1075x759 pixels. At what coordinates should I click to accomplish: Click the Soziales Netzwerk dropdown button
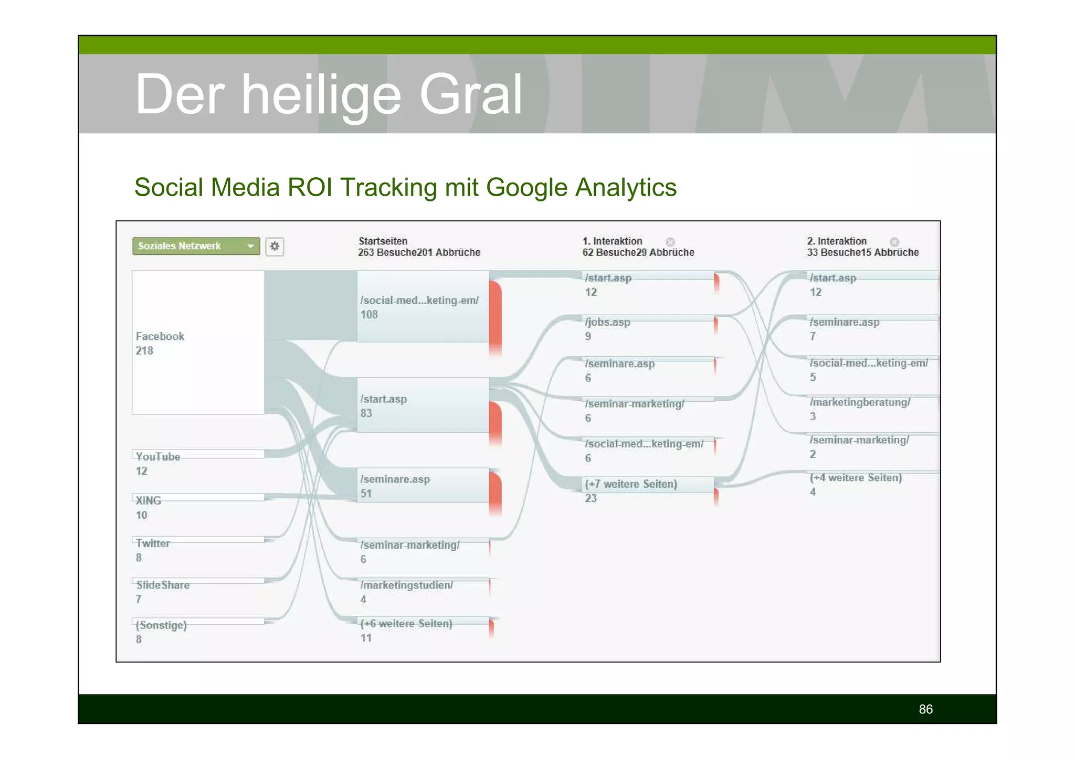point(196,246)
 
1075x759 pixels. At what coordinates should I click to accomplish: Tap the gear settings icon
point(275,247)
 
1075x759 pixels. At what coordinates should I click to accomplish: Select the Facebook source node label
point(160,336)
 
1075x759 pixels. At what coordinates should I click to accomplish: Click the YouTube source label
point(158,456)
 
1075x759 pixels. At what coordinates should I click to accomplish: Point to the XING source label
point(149,500)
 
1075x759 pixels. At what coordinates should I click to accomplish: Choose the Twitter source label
point(153,543)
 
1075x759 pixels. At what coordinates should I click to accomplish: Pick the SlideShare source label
point(163,585)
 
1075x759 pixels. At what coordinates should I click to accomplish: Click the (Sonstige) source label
point(161,625)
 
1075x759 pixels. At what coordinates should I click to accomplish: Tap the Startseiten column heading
point(383,241)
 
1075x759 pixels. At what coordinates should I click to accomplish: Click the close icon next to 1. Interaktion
point(670,242)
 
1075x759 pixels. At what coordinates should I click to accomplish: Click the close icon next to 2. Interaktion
point(894,242)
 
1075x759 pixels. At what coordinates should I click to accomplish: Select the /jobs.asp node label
point(608,322)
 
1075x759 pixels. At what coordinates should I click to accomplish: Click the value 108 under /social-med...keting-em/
point(369,315)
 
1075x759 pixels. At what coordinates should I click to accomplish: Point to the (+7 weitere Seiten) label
point(631,484)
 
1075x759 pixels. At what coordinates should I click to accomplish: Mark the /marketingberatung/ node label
point(860,402)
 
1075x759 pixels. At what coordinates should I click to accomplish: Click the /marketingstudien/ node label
point(407,585)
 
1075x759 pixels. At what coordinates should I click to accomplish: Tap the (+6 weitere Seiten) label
point(406,624)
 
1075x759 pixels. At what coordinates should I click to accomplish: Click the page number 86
point(925,709)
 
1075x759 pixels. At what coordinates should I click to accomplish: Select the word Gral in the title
point(470,94)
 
